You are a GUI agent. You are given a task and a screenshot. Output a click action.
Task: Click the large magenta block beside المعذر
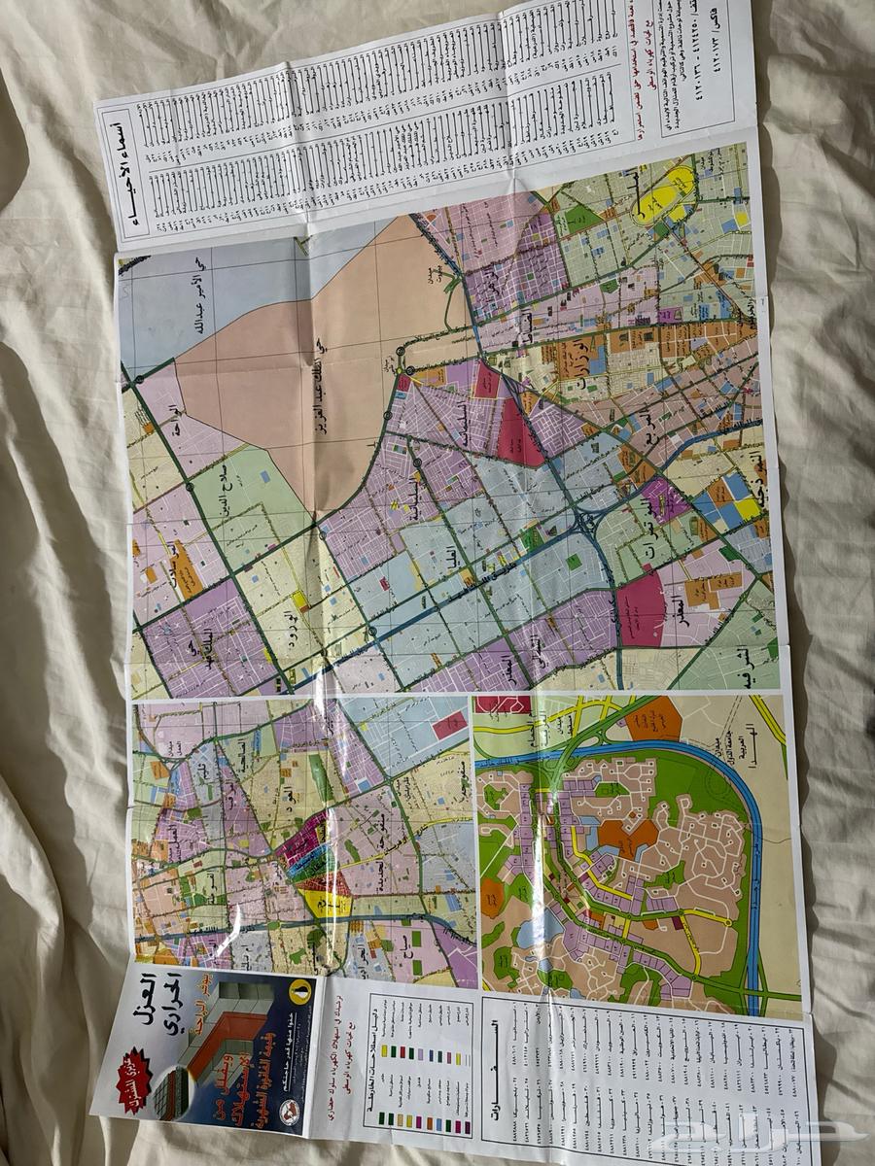[641, 608]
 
